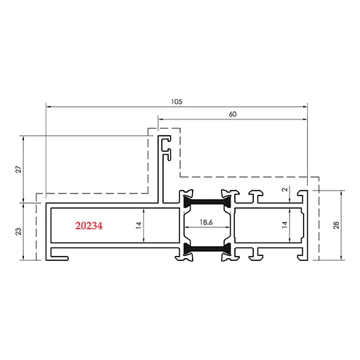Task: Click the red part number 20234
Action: [89, 226]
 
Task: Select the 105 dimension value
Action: [176, 102]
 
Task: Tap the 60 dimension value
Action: [233, 115]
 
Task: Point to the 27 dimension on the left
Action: [18, 169]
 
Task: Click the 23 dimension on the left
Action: [18, 231]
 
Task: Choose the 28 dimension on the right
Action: [336, 225]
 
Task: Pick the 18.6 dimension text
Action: [206, 222]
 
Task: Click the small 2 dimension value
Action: [285, 189]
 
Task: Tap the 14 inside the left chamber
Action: [139, 225]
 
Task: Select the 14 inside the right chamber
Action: [285, 225]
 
